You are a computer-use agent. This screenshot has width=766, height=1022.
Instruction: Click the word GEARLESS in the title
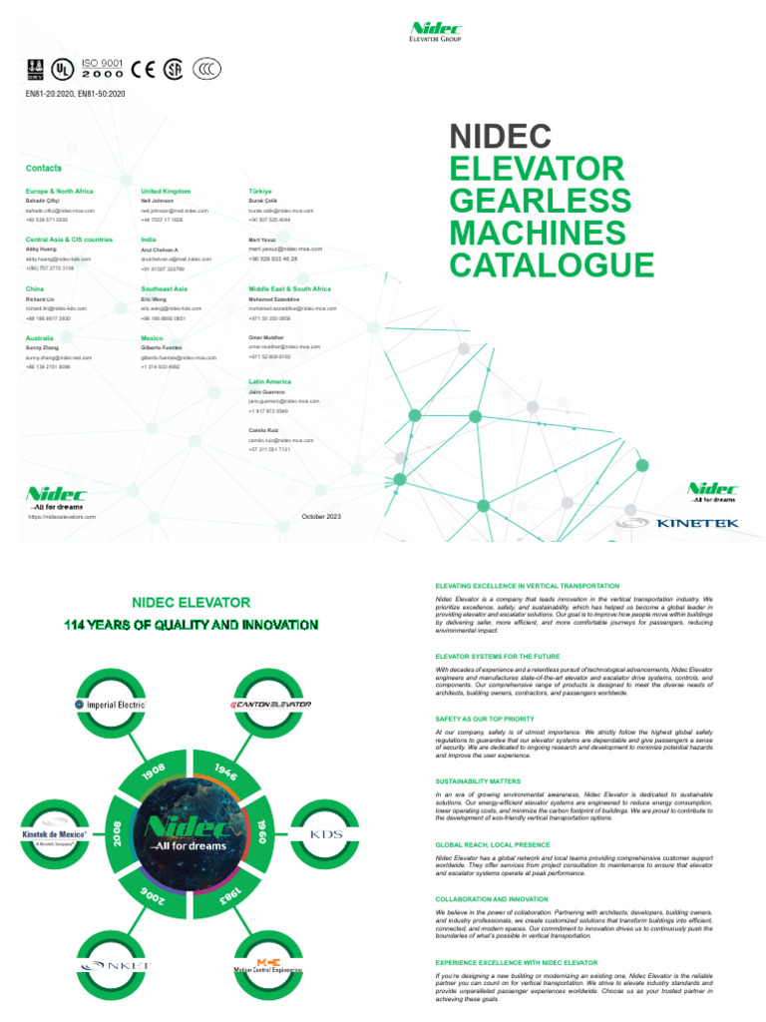(x=540, y=199)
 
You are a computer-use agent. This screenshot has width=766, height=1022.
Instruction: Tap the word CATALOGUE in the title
(x=552, y=265)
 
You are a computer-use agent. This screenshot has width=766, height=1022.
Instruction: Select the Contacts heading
(x=44, y=169)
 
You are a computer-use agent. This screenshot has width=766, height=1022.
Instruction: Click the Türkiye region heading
(x=260, y=191)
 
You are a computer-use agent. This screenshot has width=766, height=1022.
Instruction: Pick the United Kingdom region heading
(x=166, y=191)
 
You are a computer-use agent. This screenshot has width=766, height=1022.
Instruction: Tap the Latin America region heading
(x=270, y=381)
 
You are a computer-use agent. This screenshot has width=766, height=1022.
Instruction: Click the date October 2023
(x=321, y=516)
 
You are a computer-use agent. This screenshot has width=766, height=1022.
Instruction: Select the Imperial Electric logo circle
(x=111, y=704)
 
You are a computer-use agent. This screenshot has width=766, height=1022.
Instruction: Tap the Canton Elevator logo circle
(x=272, y=704)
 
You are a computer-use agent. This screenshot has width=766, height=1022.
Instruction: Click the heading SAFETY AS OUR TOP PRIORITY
(x=485, y=719)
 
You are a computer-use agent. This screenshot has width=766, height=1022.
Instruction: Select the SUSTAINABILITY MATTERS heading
(x=478, y=780)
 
